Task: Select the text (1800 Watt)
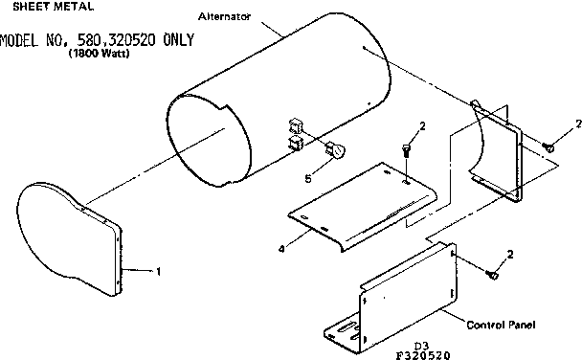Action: click(x=99, y=54)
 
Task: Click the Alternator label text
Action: click(x=226, y=17)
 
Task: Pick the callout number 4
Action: click(x=280, y=249)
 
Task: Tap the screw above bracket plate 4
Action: click(x=408, y=148)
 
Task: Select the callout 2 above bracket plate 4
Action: click(x=422, y=126)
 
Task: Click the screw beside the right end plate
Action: click(x=549, y=146)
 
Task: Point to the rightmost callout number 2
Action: click(x=577, y=123)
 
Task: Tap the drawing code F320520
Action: click(x=429, y=354)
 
